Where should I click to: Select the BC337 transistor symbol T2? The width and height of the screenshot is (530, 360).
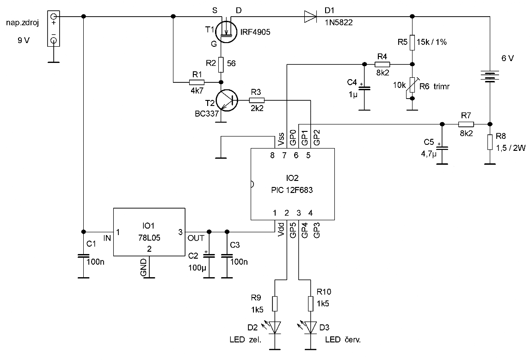227,100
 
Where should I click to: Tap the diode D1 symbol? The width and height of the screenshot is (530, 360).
310,16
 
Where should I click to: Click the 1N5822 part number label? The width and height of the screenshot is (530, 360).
339,23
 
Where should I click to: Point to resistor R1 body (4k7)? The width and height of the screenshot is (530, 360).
197,82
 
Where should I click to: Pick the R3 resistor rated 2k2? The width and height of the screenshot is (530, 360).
257,100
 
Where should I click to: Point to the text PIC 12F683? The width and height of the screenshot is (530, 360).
292,190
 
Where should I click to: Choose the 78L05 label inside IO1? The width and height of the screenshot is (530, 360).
149,238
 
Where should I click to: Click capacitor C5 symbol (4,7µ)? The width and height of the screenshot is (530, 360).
441,148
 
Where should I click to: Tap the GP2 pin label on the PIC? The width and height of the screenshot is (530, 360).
317,137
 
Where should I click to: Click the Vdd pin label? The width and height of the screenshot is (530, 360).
281,229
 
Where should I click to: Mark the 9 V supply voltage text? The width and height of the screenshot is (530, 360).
24,40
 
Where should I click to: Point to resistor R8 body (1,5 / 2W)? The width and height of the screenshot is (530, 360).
490,142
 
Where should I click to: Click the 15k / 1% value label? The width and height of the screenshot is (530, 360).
432,42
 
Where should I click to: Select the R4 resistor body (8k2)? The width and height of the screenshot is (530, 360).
382,64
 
